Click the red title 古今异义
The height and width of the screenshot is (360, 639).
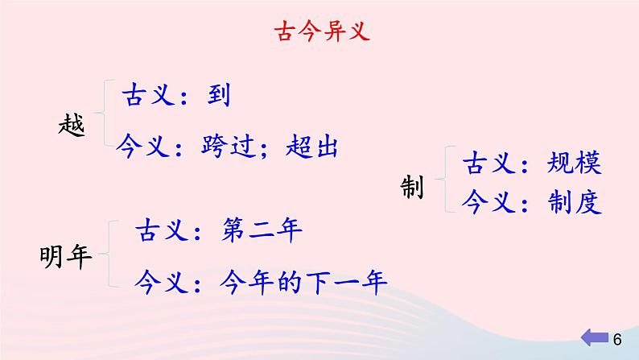(x=319, y=33)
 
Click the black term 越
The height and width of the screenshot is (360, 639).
(x=72, y=125)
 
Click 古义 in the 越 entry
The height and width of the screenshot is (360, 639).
(x=145, y=97)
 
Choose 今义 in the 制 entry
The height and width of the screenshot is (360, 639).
(x=485, y=203)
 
